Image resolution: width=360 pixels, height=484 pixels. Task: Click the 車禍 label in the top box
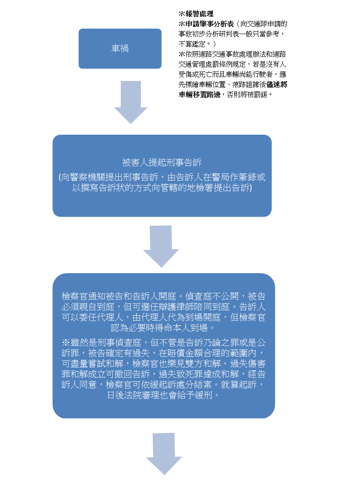(x=120, y=48)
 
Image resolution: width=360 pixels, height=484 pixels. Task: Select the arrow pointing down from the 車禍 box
(x=131, y=102)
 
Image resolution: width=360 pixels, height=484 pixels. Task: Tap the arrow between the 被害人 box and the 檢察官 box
(x=161, y=246)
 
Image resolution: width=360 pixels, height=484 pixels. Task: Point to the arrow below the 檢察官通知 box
(x=164, y=454)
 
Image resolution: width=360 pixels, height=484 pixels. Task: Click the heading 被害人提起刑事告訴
(x=161, y=162)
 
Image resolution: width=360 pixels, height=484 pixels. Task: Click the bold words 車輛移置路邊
(x=199, y=95)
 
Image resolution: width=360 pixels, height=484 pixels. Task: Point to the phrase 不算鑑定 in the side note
(x=192, y=44)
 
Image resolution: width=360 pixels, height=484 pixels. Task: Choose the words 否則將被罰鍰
(x=247, y=95)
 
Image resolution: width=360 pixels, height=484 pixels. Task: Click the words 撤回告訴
(x=132, y=374)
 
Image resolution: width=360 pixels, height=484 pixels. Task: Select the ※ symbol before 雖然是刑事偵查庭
(x=66, y=343)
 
